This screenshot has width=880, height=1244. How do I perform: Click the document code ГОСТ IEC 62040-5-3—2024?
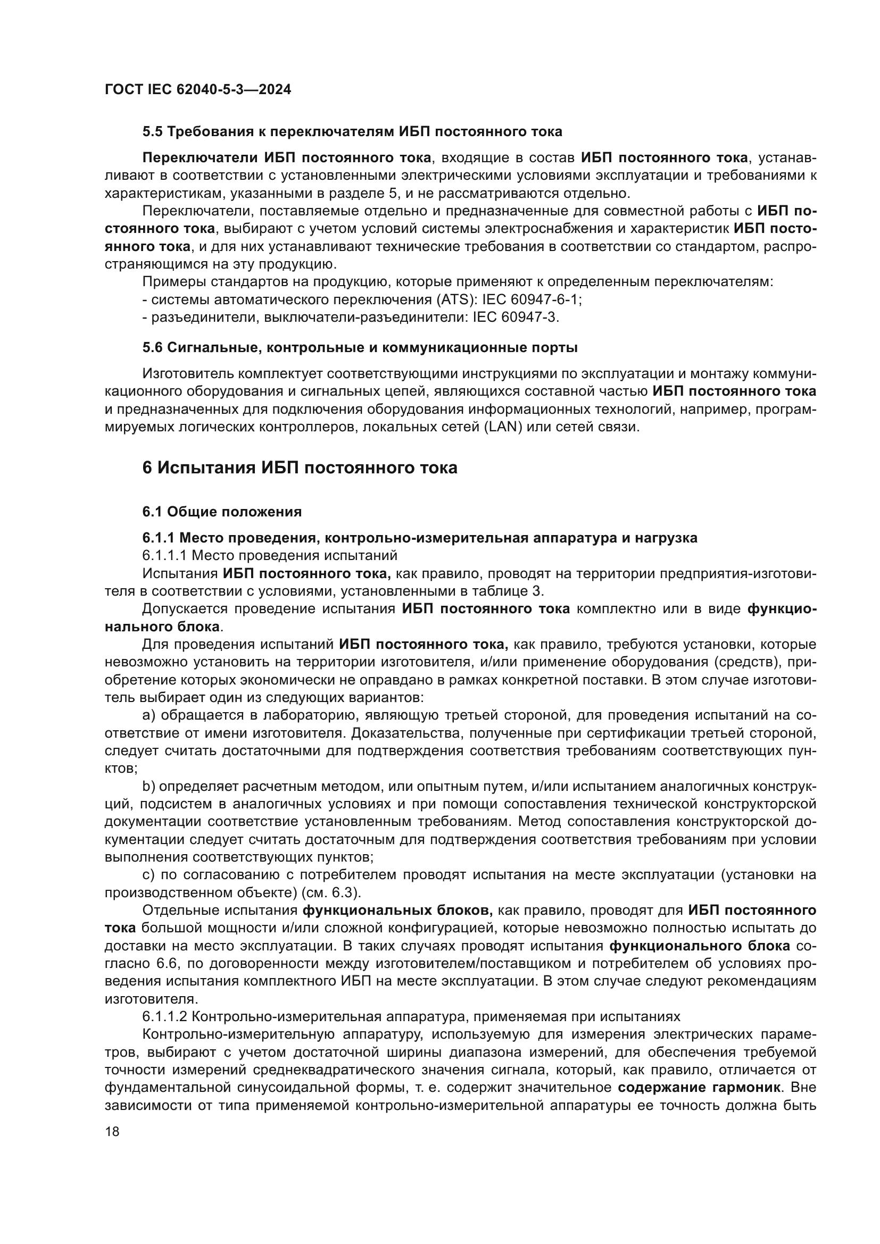pos(198,89)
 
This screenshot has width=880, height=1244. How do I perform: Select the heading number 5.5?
pos(152,132)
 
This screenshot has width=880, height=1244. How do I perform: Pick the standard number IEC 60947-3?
pos(516,318)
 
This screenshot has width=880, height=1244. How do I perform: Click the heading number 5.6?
pos(152,348)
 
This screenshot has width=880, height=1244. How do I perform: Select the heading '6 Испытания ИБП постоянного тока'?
pos(300,467)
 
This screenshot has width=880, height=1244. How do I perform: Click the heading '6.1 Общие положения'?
pos(222,512)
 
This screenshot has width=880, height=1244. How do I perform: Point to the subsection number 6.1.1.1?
pos(164,555)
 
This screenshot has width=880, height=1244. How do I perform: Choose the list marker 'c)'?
pos(148,874)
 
